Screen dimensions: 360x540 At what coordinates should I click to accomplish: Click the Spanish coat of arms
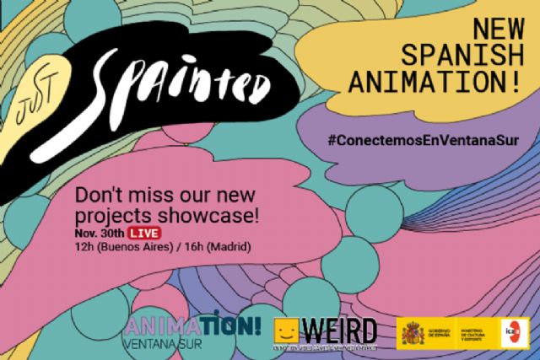point(413,331)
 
